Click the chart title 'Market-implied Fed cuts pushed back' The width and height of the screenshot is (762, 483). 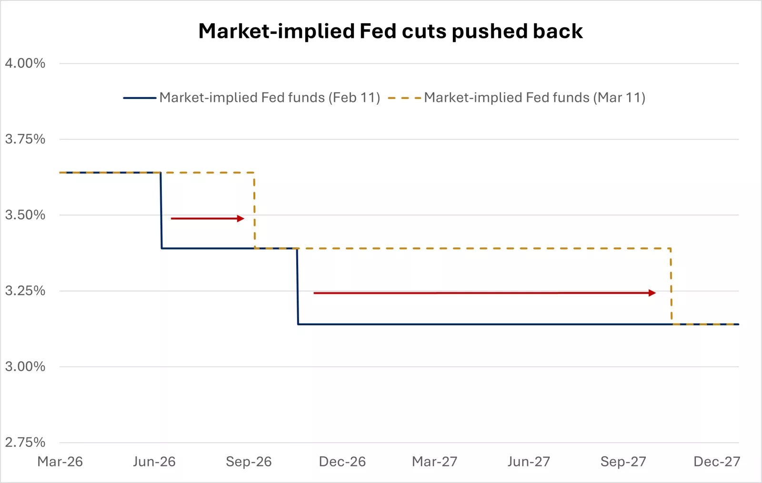tap(391, 31)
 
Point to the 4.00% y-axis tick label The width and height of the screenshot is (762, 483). tap(25, 63)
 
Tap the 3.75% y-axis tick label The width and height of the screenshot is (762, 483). tap(25, 139)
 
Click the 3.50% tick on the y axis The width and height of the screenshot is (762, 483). tap(25, 215)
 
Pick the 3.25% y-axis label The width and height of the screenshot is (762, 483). tap(25, 291)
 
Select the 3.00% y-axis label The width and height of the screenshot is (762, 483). tap(25, 366)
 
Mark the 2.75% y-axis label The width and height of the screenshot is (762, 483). tap(25, 442)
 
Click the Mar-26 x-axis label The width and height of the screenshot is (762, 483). tap(60, 462)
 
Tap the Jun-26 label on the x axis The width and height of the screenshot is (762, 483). tap(154, 462)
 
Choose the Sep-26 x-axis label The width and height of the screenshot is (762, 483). tap(249, 462)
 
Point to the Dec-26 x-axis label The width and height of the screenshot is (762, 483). tap(342, 462)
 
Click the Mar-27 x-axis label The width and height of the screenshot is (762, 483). tap(435, 462)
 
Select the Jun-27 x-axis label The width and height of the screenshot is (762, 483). tap(529, 462)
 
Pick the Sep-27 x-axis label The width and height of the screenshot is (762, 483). tap(623, 462)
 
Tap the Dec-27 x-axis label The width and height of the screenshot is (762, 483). tap(717, 462)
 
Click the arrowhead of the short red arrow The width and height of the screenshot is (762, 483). tap(241, 219)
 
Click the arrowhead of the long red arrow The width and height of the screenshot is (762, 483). tap(652, 293)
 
